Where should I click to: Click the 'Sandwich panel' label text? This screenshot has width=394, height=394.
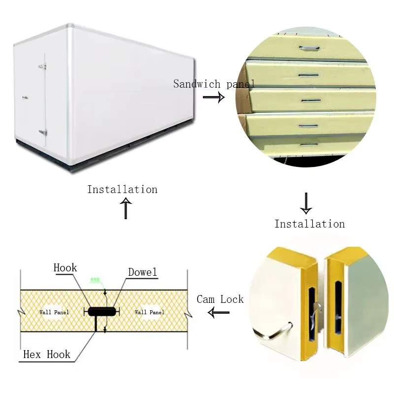[x=214, y=84]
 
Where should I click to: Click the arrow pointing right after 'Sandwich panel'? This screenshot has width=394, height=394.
[x=214, y=98]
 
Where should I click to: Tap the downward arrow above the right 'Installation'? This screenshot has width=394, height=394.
[x=306, y=203]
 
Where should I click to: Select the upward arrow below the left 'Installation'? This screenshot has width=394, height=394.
[x=127, y=208]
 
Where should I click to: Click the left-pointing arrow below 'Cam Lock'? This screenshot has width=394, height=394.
[x=219, y=312]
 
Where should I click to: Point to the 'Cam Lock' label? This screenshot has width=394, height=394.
[x=220, y=299]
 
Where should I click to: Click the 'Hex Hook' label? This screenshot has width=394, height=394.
[x=47, y=355]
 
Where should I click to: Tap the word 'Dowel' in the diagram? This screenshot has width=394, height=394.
[x=143, y=272]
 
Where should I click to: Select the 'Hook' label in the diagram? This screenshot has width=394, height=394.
[x=66, y=268]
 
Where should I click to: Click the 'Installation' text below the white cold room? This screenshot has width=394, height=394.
[x=122, y=190]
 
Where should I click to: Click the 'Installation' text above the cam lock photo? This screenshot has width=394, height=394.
[x=309, y=224]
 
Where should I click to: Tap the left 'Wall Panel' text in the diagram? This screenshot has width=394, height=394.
[x=54, y=312]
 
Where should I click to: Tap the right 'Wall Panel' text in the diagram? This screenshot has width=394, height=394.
[x=150, y=312]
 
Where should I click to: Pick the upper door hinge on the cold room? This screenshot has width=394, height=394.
[x=43, y=66]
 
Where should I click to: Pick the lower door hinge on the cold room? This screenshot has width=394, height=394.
[x=43, y=132]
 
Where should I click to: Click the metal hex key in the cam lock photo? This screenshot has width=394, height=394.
[x=276, y=331]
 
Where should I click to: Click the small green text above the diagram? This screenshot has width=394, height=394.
[x=96, y=280]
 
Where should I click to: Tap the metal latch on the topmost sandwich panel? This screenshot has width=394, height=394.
[x=308, y=47]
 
